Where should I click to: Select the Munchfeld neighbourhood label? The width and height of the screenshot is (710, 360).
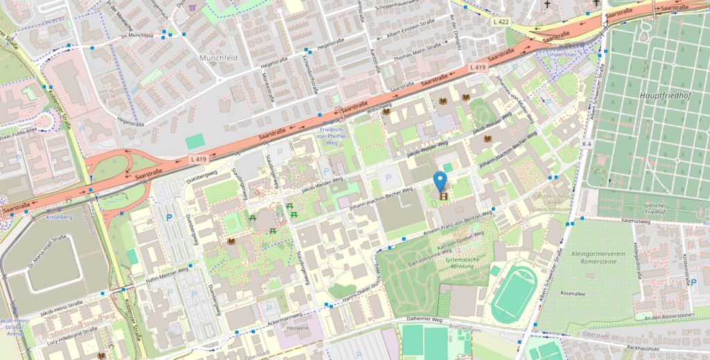click(x=218, y=58)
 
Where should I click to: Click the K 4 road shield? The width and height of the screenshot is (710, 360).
click(x=587, y=144)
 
